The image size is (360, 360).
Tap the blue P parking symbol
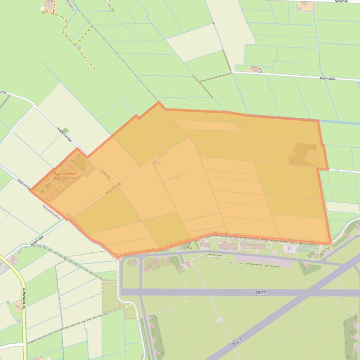[x=289, y=249]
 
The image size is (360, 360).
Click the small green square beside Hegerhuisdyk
[x=66, y=130]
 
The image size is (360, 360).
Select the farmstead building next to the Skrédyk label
[x=303, y=5]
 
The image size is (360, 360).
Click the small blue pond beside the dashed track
[x=79, y=47]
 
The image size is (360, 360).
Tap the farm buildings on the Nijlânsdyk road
[x=255, y=69]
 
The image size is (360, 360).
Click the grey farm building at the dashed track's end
[x=49, y=5]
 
